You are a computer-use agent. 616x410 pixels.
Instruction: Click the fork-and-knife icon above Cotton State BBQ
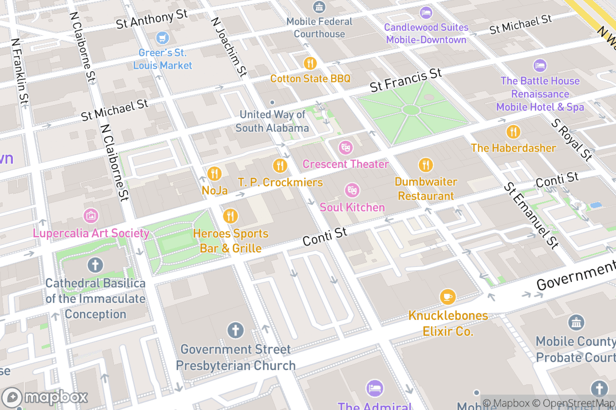click(310, 63)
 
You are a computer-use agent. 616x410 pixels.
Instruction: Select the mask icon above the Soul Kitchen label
click(352, 191)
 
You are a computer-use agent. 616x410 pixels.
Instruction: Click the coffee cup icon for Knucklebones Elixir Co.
click(448, 296)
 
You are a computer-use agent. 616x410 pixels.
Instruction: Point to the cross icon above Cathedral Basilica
click(95, 265)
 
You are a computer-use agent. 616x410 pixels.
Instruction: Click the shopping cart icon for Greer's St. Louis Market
click(163, 37)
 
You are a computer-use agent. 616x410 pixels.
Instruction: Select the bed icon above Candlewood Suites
click(426, 12)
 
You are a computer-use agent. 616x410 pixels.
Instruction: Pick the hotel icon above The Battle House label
click(540, 66)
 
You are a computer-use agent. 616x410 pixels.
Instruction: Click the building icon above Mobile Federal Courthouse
click(319, 7)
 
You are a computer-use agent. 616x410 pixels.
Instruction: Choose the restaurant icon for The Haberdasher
click(513, 132)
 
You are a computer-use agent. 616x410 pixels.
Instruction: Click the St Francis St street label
click(407, 80)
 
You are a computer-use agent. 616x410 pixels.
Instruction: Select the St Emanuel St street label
click(531, 215)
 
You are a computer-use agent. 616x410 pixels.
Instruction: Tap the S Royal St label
click(571, 139)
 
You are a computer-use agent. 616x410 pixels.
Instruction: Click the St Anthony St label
click(152, 20)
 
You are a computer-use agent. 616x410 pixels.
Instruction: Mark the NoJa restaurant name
click(215, 191)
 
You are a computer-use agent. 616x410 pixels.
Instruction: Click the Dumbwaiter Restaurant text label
click(426, 189)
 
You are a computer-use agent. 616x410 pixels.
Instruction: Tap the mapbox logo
click(46, 397)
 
